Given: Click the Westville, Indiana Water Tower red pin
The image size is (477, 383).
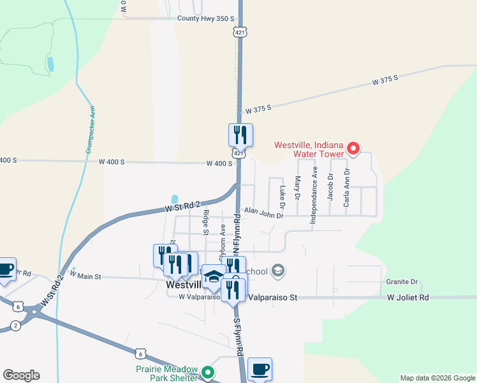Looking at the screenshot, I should [353, 150].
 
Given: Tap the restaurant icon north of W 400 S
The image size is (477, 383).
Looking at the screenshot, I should [240, 135].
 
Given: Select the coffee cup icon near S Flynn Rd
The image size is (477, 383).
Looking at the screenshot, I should [260, 369].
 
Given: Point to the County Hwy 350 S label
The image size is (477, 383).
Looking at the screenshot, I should [206, 19].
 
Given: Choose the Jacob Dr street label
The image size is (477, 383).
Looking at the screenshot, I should [330, 186].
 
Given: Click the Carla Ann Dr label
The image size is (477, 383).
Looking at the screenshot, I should [348, 185].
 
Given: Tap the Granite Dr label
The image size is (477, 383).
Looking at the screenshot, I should [401, 282].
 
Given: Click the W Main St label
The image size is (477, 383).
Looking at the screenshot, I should [85, 276].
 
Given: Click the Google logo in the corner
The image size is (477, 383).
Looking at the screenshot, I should [21, 375].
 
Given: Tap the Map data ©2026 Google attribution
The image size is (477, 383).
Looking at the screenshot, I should [438, 378].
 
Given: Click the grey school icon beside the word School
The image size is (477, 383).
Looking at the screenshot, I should [277, 271].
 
